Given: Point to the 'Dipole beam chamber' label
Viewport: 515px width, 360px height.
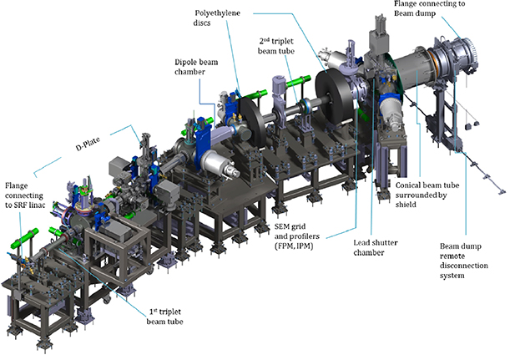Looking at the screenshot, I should point(195,67).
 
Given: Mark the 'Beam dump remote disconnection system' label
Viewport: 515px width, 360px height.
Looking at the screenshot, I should point(469,261).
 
